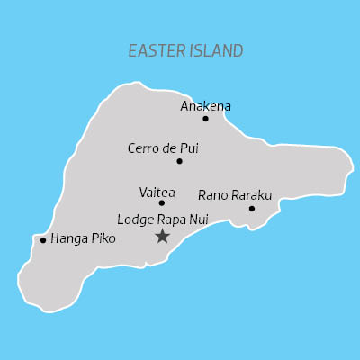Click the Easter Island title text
pyautogui.click(x=185, y=50)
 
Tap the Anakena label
pyautogui.click(x=206, y=106)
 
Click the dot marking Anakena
pyautogui.click(x=205, y=119)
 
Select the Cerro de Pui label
pyautogui.click(x=163, y=148)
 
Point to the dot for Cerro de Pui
pyautogui.click(x=179, y=161)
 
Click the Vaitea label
pyautogui.click(x=157, y=193)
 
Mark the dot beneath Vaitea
pyautogui.click(x=162, y=202)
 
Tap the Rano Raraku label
pyautogui.click(x=235, y=194)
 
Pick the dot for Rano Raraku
pyautogui.click(x=252, y=209)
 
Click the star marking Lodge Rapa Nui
pyautogui.click(x=162, y=236)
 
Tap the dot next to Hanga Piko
pyautogui.click(x=43, y=240)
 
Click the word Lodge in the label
pyautogui.click(x=134, y=219)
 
